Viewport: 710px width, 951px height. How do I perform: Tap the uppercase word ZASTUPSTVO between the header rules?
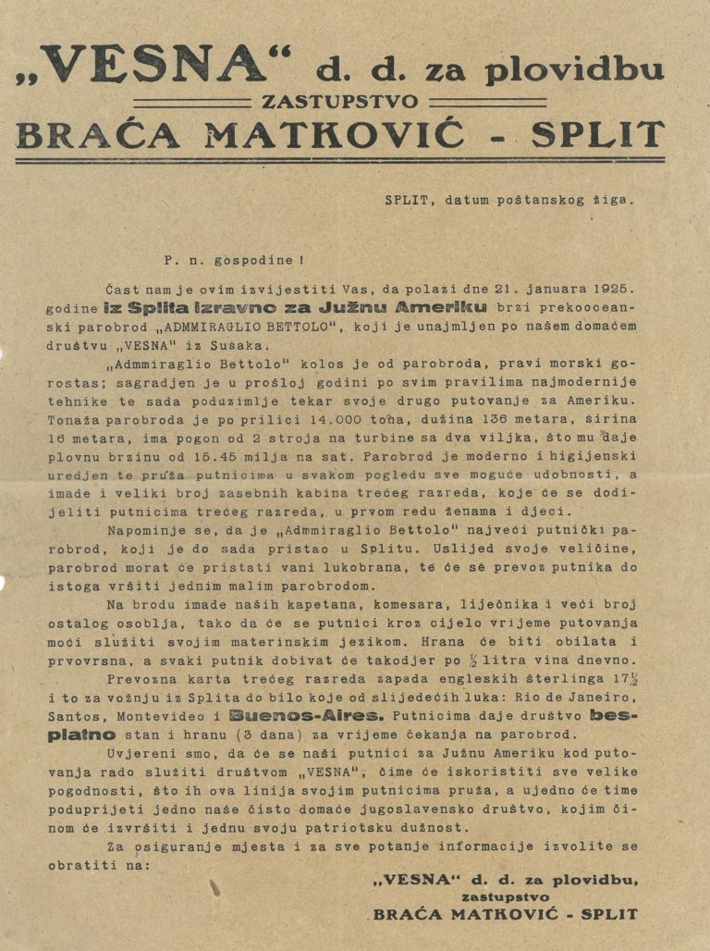[339, 102]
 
